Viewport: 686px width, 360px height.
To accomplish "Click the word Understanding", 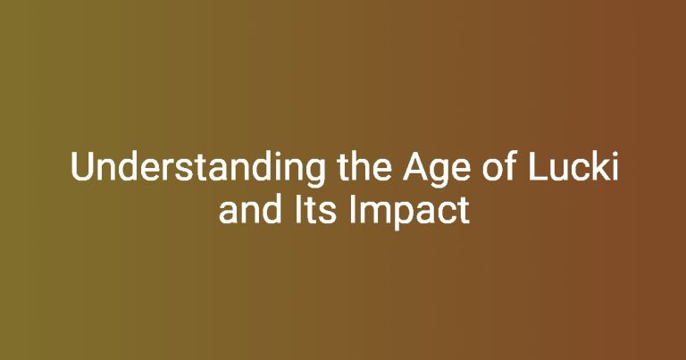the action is point(197,168).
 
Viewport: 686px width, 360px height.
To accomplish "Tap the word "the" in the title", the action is point(364,166).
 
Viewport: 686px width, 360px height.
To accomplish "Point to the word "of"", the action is point(499,166).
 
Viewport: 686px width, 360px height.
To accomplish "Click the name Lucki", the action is point(573,166).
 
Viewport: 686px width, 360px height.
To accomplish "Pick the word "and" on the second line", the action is point(250,209).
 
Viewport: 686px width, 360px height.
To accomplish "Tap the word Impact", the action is point(409,212).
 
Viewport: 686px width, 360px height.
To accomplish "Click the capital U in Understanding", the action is point(82,167).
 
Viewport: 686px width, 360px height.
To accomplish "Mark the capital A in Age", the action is point(415,167).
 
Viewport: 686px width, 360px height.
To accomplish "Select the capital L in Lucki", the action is point(538,166).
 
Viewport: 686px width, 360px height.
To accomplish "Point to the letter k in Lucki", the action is point(600,166).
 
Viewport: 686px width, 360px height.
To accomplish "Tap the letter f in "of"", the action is point(512,166).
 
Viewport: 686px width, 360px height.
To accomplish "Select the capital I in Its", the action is point(296,210).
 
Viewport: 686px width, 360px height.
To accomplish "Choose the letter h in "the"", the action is point(364,166).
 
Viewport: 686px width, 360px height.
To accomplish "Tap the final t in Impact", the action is point(464,211).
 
